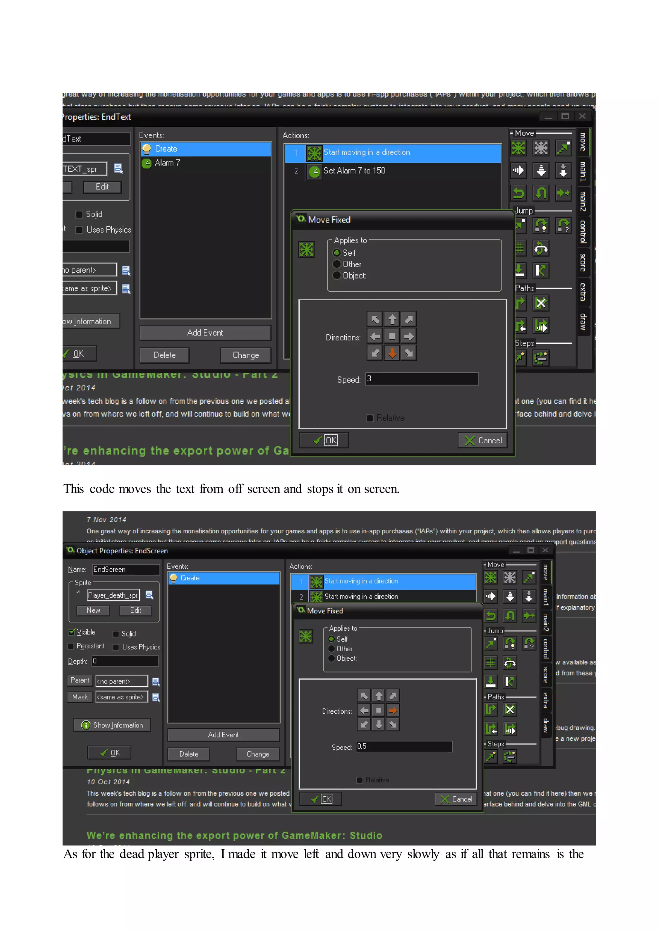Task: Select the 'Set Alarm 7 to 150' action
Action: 354,171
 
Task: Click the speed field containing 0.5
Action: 404,746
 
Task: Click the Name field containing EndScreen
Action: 125,570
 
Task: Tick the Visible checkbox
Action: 72,632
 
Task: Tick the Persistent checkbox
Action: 71,646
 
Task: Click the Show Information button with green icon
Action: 112,725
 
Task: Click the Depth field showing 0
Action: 125,661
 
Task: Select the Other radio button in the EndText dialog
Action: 337,264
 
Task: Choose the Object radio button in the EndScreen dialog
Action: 331,658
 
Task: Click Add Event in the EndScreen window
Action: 223,735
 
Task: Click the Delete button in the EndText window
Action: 164,355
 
